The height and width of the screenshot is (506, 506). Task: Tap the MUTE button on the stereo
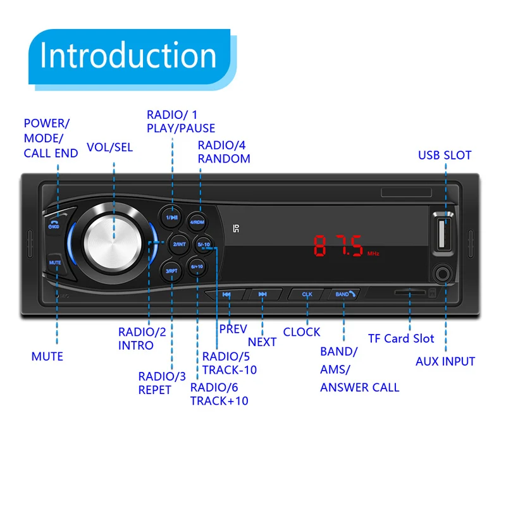pos(54,262)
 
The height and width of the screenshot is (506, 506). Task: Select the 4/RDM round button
pos(197,222)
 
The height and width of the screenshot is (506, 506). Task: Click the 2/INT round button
pos(179,244)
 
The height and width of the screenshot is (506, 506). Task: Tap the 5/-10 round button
pos(204,245)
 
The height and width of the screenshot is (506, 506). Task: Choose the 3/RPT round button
pos(171,270)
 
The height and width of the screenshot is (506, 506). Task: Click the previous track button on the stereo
pos(226,294)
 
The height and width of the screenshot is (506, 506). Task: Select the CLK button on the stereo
pos(307,294)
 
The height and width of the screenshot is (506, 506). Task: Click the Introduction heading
pos(128,56)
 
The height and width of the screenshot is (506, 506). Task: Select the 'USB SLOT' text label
pos(445,156)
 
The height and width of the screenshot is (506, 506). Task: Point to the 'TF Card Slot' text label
pos(401,338)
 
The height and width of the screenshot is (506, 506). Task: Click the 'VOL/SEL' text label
pos(110,147)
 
